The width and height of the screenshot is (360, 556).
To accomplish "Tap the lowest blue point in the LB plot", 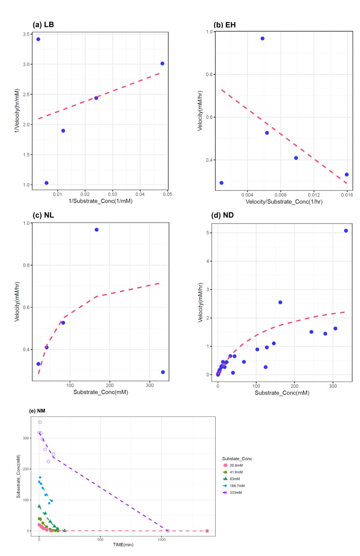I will pyautogui.click(x=46, y=170).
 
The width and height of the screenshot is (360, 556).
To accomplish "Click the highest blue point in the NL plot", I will pyautogui.click(x=97, y=230).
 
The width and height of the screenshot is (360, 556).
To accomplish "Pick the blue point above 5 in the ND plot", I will pyautogui.click(x=346, y=230).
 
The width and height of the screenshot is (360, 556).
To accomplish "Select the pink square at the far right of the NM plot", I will pyautogui.click(x=207, y=531).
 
